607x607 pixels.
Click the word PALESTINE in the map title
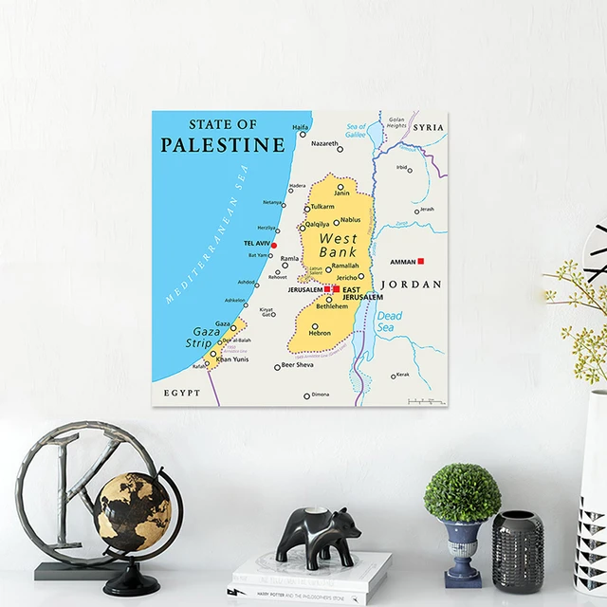point(222,145)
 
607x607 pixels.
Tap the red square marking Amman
point(420,261)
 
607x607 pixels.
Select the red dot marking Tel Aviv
point(274,246)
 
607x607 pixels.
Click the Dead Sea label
point(389,322)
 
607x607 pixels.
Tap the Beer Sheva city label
point(297,365)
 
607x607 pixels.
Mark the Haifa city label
point(300,127)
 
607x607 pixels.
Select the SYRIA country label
point(429,126)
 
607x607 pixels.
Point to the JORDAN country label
point(411,284)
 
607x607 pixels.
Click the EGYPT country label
point(181,392)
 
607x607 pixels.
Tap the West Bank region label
point(338,246)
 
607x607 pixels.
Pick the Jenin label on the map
point(341,193)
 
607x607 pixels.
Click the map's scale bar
point(426,401)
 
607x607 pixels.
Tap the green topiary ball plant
point(462,493)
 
